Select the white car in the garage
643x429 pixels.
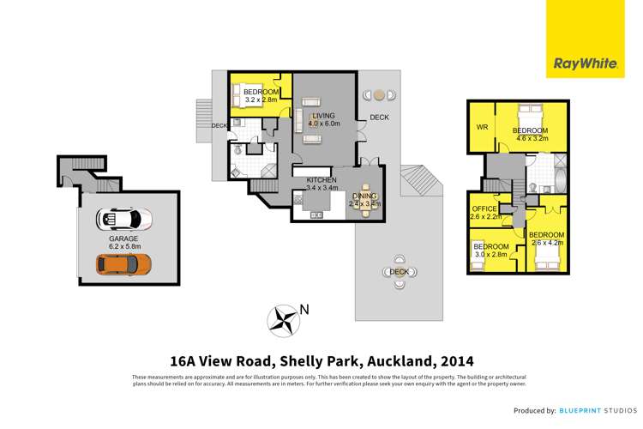coord(124,220)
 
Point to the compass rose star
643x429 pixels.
coord(283,321)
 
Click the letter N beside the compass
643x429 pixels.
coord(303,310)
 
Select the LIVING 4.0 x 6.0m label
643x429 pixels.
coord(324,119)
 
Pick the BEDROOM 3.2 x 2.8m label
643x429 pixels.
coord(261,96)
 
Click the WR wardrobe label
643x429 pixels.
coord(482,129)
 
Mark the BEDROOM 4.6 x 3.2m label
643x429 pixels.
coord(530,135)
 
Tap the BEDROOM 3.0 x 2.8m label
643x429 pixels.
coord(491,251)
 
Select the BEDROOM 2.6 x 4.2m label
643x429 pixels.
coord(546,239)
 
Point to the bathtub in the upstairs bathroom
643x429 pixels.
coord(560,180)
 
